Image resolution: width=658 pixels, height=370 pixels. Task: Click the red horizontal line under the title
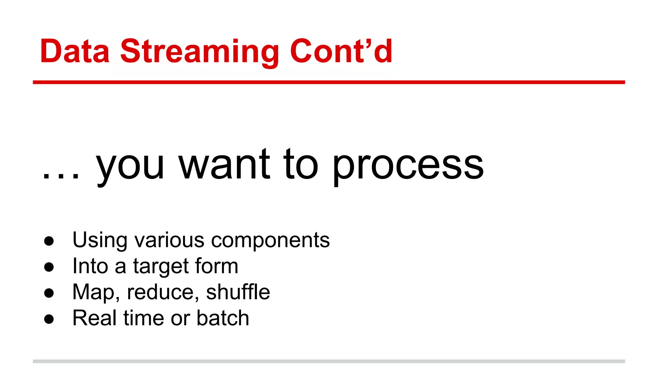click(329, 83)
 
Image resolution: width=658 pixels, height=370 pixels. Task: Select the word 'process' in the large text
click(408, 167)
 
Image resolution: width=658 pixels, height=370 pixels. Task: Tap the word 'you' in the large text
click(130, 167)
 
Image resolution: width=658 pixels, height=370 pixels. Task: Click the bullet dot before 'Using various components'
click(49, 241)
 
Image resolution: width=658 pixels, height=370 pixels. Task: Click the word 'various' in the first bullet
click(169, 240)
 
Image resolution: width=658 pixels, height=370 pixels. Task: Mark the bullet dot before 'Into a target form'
click(49, 267)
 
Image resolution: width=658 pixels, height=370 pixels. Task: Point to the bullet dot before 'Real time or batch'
click(49, 319)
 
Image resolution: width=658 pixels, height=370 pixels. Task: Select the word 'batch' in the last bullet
click(223, 318)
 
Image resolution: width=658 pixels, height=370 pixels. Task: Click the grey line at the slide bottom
click(329, 361)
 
